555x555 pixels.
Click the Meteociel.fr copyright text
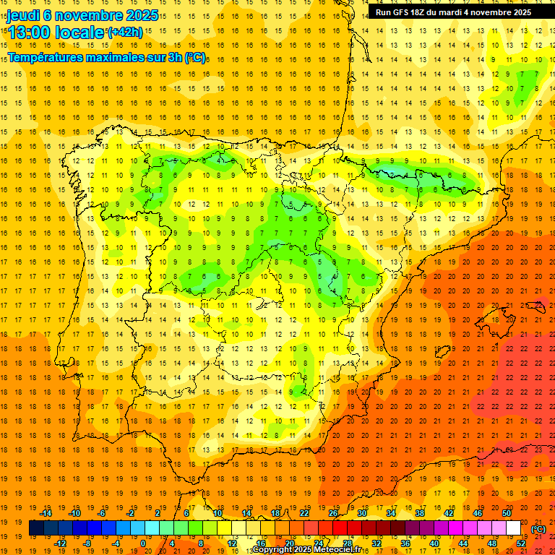(x=302, y=550)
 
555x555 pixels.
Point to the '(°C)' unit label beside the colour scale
(x=538, y=529)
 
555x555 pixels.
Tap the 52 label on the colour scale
(x=521, y=543)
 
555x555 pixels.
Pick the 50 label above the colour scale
(x=507, y=513)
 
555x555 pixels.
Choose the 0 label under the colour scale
(x=143, y=543)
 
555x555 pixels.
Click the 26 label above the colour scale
(x=333, y=513)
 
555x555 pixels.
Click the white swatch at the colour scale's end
(x=513, y=528)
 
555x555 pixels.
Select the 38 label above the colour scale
(x=420, y=513)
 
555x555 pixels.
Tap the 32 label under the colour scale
(x=377, y=543)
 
